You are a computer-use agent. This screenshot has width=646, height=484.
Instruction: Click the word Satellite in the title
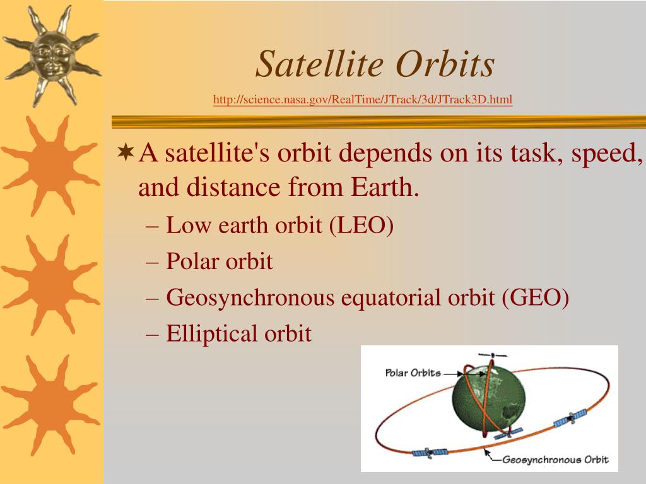(x=320, y=64)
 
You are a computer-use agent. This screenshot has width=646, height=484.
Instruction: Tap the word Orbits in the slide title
(x=445, y=64)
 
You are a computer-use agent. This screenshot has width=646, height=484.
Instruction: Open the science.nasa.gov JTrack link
(x=363, y=100)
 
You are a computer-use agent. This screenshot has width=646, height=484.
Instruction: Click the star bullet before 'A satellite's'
(x=126, y=152)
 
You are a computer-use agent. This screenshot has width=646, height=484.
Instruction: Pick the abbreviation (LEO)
(x=361, y=225)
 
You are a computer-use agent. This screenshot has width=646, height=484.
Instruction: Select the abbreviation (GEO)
(x=536, y=297)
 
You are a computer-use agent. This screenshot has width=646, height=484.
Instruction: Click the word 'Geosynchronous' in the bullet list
(x=250, y=298)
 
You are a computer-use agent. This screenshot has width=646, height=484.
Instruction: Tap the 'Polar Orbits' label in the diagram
(x=413, y=373)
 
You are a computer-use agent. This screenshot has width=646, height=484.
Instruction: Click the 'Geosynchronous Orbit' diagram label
(x=555, y=459)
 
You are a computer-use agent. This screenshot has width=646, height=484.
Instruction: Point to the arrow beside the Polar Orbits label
(x=453, y=374)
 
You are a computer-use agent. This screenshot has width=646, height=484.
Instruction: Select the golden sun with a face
(x=52, y=55)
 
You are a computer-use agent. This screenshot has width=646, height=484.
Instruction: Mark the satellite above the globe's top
(x=493, y=355)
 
